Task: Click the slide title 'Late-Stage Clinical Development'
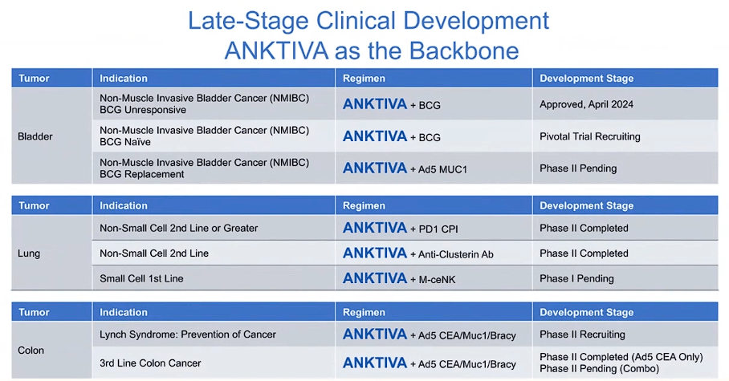pyautogui.click(x=369, y=19)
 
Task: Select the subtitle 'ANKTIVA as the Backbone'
pyautogui.click(x=372, y=51)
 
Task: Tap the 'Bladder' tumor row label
pyautogui.click(x=35, y=136)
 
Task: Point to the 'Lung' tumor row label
pyautogui.click(x=29, y=253)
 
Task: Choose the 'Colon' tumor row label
pyautogui.click(x=31, y=351)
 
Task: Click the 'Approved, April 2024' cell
pyautogui.click(x=588, y=104)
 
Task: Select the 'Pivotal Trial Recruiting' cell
pyautogui.click(x=590, y=136)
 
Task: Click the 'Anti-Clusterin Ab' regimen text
pyautogui.click(x=456, y=254)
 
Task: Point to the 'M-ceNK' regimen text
pyautogui.click(x=438, y=279)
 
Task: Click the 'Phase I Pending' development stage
pyautogui.click(x=576, y=278)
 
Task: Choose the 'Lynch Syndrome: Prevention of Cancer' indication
pyautogui.click(x=188, y=334)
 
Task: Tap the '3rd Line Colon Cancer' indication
pyautogui.click(x=150, y=363)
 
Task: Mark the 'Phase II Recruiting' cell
pyautogui.click(x=582, y=334)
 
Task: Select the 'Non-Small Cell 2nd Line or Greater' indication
pyautogui.click(x=179, y=229)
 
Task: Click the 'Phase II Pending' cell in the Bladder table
pyautogui.click(x=578, y=168)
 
